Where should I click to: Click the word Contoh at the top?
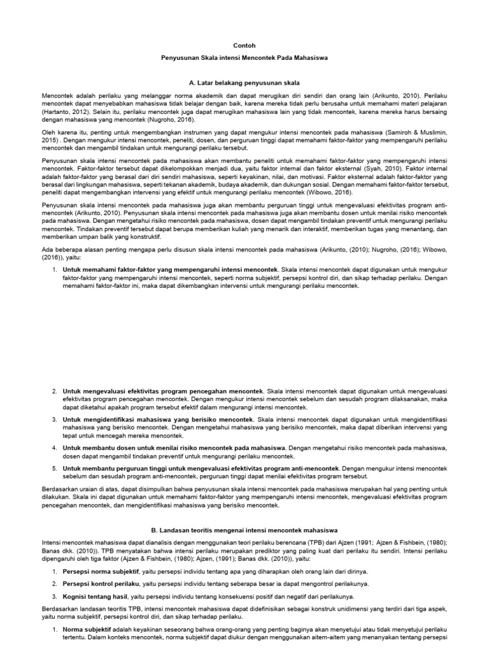click(244, 46)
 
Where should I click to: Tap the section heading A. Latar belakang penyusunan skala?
click(244, 83)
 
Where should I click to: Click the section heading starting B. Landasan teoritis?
click(244, 530)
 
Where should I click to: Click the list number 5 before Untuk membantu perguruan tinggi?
click(55, 469)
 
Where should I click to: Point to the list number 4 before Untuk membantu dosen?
click(55, 448)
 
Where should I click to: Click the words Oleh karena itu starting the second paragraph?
click(62, 130)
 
